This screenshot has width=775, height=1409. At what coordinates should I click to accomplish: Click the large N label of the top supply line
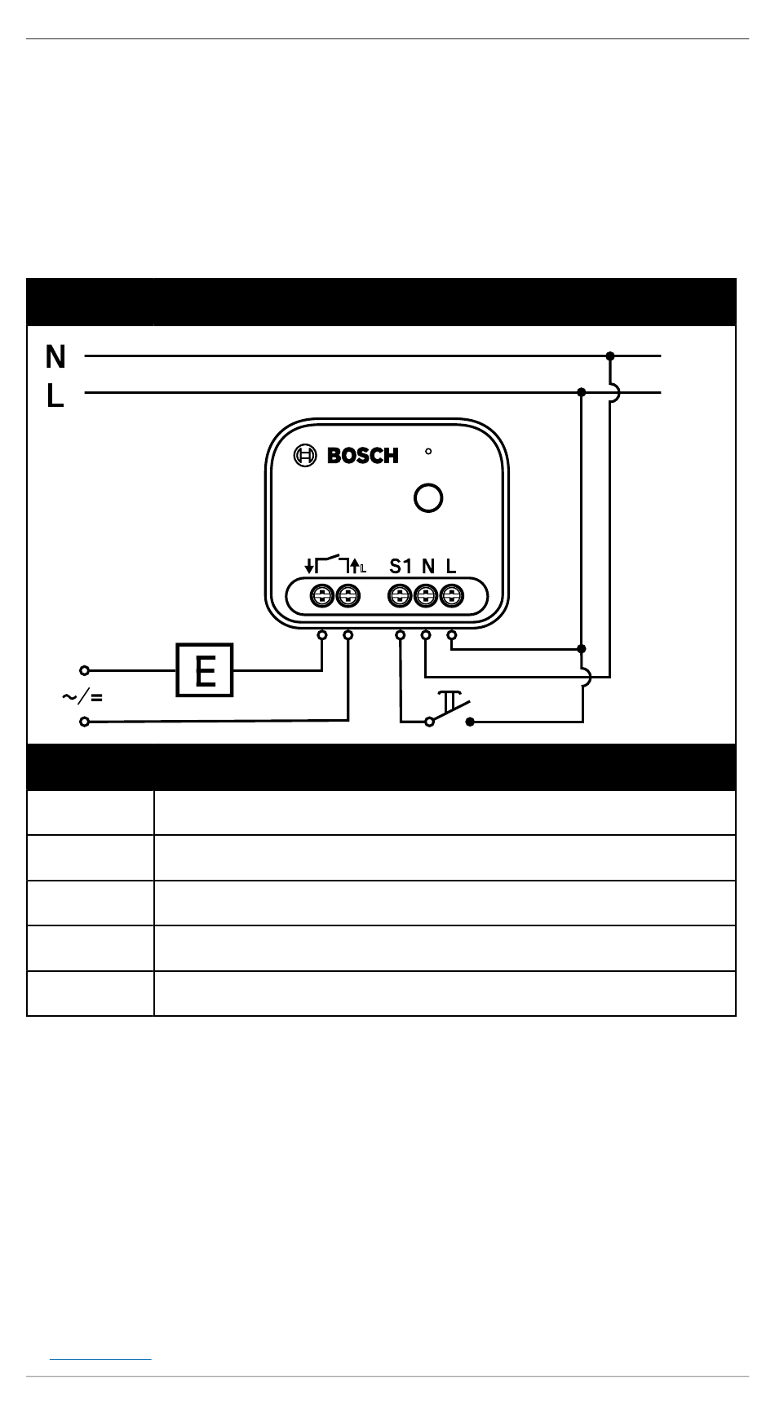pyautogui.click(x=55, y=356)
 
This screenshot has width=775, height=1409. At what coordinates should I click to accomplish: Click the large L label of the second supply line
pyautogui.click(x=55, y=396)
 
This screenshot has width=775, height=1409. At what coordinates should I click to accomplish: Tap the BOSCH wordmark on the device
pyautogui.click(x=363, y=456)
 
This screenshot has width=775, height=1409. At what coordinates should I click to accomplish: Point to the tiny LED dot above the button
pyautogui.click(x=428, y=450)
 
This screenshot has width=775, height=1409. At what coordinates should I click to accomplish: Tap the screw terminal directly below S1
pyautogui.click(x=400, y=596)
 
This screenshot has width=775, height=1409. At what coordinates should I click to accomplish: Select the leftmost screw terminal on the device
pyautogui.click(x=323, y=596)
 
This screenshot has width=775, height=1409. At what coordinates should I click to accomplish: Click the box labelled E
pyautogui.click(x=206, y=670)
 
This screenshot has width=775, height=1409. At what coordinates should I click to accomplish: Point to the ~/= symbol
pyautogui.click(x=82, y=697)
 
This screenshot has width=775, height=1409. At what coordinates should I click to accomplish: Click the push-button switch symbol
pyautogui.click(x=449, y=709)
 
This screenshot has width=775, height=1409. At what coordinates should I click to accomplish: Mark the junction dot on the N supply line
pyautogui.click(x=610, y=356)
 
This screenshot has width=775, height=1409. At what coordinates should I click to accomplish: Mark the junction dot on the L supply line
pyautogui.click(x=581, y=392)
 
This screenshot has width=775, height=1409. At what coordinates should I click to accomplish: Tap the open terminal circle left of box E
pyautogui.click(x=84, y=670)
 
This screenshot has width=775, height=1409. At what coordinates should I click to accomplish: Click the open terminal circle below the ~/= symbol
pyautogui.click(x=84, y=722)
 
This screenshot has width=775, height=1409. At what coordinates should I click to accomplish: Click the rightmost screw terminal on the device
pyautogui.click(x=451, y=596)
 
